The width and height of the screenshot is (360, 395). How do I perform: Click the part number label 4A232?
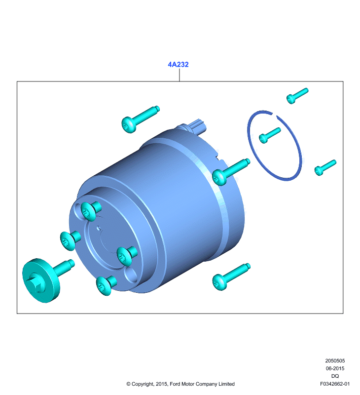178,65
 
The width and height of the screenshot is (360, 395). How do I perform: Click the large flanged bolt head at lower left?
41,280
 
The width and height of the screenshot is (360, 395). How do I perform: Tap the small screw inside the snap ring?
269,135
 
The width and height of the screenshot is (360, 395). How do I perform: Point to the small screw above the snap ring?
297,95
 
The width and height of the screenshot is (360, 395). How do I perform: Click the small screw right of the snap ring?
325,167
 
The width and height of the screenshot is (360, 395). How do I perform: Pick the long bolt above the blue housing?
141,119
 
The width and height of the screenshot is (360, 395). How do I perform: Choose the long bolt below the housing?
231,276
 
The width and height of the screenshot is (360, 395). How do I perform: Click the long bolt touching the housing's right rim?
231,172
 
